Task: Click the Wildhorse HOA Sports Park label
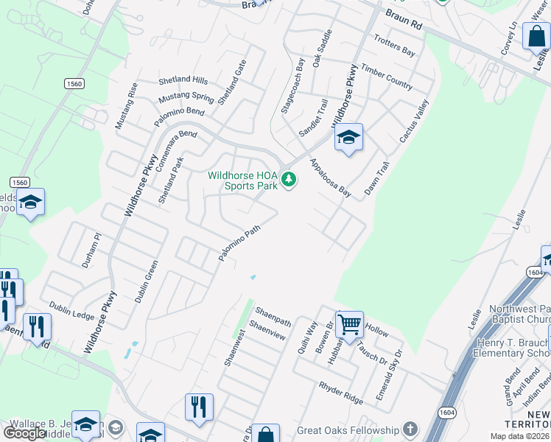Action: [x=242, y=180]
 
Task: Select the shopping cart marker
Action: [x=349, y=323]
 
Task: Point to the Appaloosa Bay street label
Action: [x=329, y=178]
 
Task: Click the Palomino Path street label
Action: [x=239, y=243]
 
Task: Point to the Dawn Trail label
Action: [x=376, y=179]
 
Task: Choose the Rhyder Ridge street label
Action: [x=341, y=393]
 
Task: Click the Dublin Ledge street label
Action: [x=71, y=310]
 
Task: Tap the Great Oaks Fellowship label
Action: [x=347, y=430]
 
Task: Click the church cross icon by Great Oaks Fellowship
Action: [x=410, y=429]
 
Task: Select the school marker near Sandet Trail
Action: [x=349, y=138]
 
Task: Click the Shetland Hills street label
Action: [x=183, y=80]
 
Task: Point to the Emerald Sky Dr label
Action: [x=389, y=376]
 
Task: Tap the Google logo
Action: [x=24, y=433]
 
